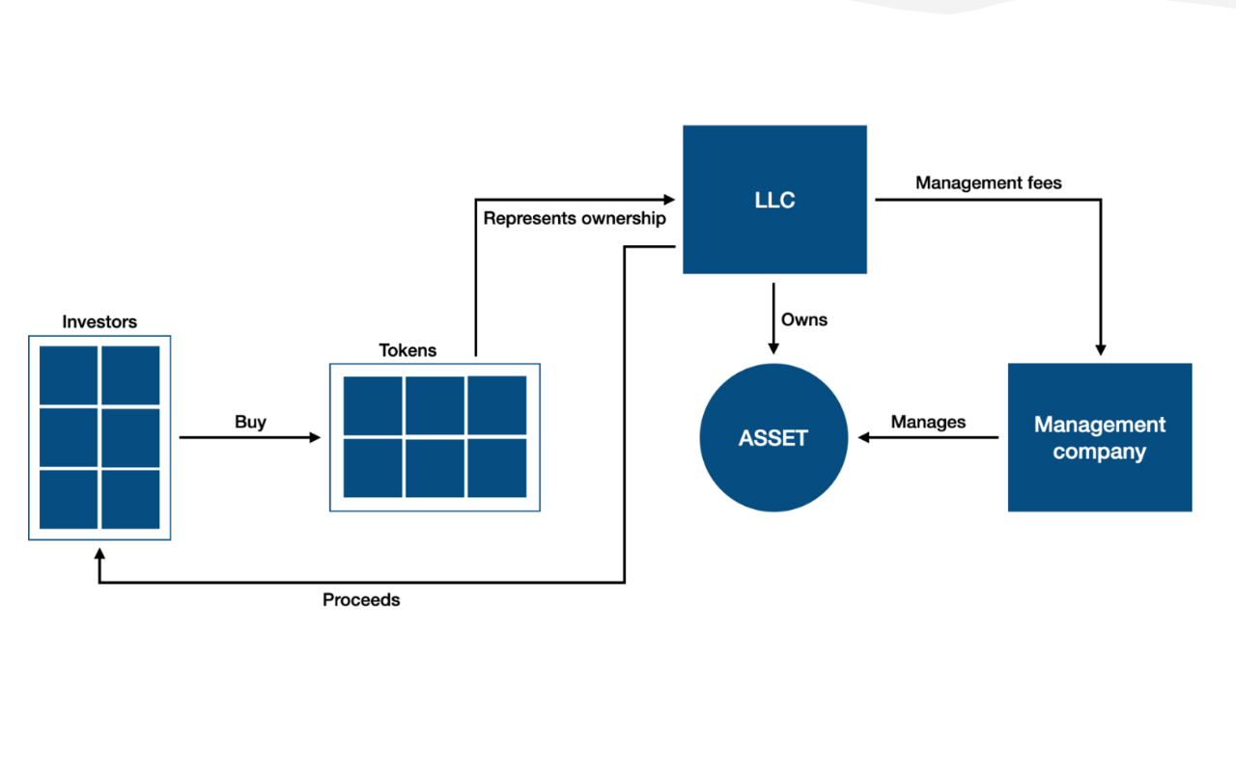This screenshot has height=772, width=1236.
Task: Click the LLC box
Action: click(774, 200)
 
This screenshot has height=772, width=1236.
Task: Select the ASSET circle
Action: click(773, 437)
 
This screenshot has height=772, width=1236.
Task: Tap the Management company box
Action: click(1099, 437)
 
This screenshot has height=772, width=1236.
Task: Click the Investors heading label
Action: click(99, 322)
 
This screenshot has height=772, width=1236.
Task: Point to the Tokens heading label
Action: click(407, 350)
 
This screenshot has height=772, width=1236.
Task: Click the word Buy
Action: click(250, 422)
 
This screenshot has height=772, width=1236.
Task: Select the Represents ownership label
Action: click(575, 218)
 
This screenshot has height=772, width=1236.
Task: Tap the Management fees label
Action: click(988, 182)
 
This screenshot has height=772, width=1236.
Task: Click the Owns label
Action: click(804, 319)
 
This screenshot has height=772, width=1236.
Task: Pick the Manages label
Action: click(928, 422)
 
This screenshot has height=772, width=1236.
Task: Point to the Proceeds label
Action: click(361, 600)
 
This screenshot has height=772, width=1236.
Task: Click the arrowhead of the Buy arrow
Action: click(315, 437)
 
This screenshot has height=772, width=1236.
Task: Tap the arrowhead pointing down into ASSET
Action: click(772, 347)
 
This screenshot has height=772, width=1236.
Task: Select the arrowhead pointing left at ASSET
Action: click(864, 437)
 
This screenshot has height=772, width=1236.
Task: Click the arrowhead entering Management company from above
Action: click(1100, 350)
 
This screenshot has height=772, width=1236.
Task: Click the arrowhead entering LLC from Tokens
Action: click(669, 200)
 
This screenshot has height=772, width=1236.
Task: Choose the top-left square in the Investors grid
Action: click(69, 375)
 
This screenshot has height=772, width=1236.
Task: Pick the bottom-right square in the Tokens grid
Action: click(497, 468)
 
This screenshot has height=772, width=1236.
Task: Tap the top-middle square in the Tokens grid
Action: click(435, 405)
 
